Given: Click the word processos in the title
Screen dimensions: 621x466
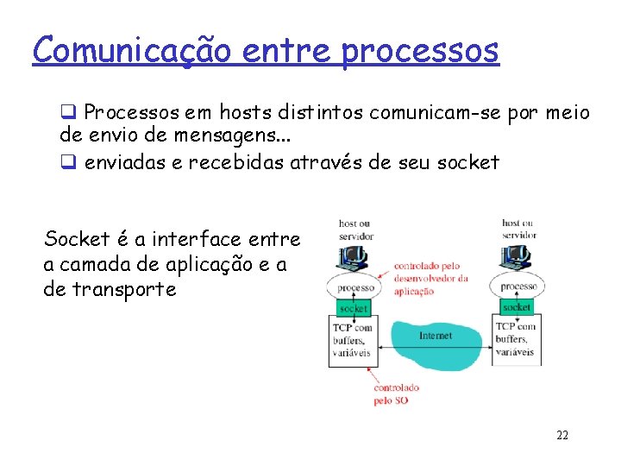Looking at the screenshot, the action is click(x=419, y=51).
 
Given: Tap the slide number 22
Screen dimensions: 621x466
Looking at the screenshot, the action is click(x=562, y=436).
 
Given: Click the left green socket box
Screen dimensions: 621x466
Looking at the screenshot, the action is click(x=353, y=308).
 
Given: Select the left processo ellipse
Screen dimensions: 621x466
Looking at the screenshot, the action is click(x=355, y=287).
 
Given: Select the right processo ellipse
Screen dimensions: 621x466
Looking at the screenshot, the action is click(x=518, y=287).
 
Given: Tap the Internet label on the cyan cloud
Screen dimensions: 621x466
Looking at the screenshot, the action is click(x=435, y=336).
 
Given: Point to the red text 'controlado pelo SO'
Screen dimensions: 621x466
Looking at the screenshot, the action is click(x=396, y=394).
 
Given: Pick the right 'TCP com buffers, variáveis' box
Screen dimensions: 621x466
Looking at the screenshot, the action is click(x=516, y=339).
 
